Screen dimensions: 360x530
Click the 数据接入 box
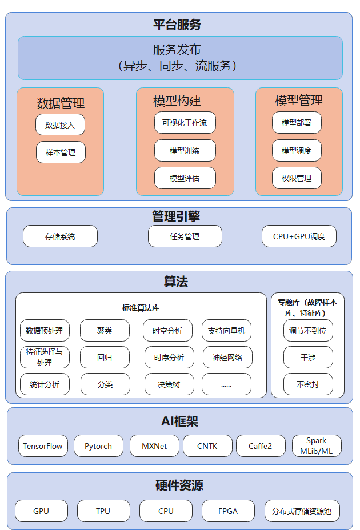60,125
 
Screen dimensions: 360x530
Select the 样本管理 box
61,152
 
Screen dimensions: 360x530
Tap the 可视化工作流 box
185,123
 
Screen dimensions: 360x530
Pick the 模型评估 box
185,178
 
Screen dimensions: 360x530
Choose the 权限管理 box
297,178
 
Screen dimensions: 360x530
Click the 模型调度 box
297,150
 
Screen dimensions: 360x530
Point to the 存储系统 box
60,236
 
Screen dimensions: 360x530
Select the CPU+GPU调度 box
299,236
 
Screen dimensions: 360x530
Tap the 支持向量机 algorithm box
227,331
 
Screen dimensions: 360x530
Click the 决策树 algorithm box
169,384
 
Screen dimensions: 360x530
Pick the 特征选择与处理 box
45,358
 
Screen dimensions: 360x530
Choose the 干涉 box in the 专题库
308,358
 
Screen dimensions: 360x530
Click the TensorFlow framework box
43,446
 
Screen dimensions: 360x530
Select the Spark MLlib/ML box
317,446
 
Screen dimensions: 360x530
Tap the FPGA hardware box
228,511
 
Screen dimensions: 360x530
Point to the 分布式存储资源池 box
302,511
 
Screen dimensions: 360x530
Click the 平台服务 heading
177,25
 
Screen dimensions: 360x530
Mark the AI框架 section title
179,421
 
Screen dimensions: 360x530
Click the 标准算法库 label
141,308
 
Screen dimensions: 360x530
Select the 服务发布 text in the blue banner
177,50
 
